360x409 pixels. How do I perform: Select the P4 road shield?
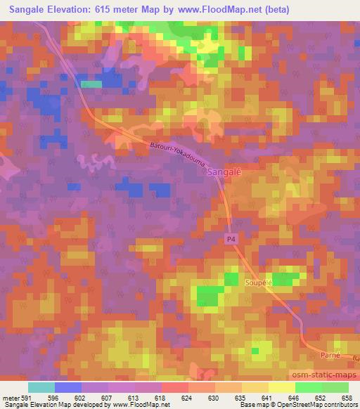[x=231, y=240]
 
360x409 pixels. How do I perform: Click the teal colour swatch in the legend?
[x=41, y=387]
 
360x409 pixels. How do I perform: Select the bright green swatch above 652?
[x=309, y=387]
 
